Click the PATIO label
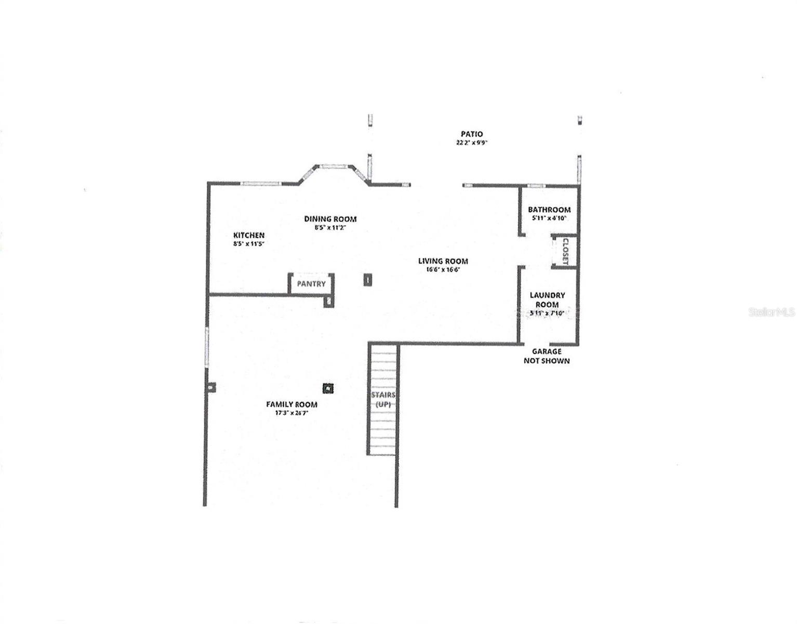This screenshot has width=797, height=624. click(x=471, y=134)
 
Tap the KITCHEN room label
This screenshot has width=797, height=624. click(x=249, y=236)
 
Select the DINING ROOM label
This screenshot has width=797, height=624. click(x=330, y=219)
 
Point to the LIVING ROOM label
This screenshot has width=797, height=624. click(x=443, y=261)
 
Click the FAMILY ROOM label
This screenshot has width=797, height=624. click(x=291, y=405)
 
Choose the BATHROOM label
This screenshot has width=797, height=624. click(x=549, y=210)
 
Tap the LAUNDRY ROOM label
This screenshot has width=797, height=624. click(x=547, y=300)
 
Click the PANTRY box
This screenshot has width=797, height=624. click(x=311, y=284)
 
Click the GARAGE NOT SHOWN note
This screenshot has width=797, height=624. click(x=547, y=356)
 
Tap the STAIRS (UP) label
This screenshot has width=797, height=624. click(x=383, y=399)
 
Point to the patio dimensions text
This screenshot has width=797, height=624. click(x=472, y=143)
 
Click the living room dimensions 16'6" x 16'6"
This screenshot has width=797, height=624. click(x=443, y=270)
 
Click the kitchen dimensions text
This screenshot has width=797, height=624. click(x=249, y=243)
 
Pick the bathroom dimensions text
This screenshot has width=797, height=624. click(x=549, y=218)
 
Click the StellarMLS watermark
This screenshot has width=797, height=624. click(x=772, y=312)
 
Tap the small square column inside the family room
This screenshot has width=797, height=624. click(x=328, y=388)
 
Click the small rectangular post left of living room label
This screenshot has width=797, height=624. click(x=367, y=280)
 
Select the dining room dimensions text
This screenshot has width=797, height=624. click(x=330, y=227)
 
